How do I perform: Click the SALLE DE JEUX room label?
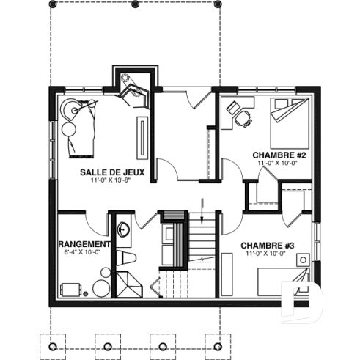click(x=112, y=172)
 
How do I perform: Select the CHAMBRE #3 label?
click(x=267, y=245)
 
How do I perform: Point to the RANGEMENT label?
click(x=83, y=244)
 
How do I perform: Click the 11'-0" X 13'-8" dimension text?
click(x=112, y=180)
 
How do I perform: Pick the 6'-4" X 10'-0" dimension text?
click(x=82, y=252)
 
